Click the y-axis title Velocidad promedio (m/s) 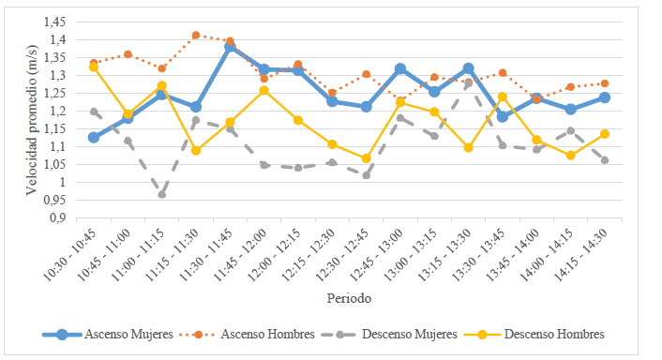pyautogui.click(x=31, y=119)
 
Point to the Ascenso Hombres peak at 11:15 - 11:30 pyautogui.click(x=196, y=36)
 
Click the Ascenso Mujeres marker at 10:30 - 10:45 pyautogui.click(x=93, y=138)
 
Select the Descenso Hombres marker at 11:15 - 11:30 pyautogui.click(x=196, y=150)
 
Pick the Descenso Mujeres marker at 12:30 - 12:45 pyautogui.click(x=366, y=175)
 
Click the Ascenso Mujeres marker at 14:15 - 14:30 pyautogui.click(x=605, y=97)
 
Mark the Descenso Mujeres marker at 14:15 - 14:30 pyautogui.click(x=605, y=160)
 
